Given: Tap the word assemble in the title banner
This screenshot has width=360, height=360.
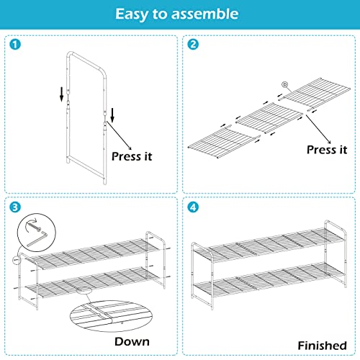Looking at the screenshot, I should coord(210,14).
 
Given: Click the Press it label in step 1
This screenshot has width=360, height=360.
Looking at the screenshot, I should coord(132,154).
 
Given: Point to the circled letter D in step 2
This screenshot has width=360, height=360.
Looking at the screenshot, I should coord(284,85).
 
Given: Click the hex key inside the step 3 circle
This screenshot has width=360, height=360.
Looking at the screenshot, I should coord(33,228).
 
